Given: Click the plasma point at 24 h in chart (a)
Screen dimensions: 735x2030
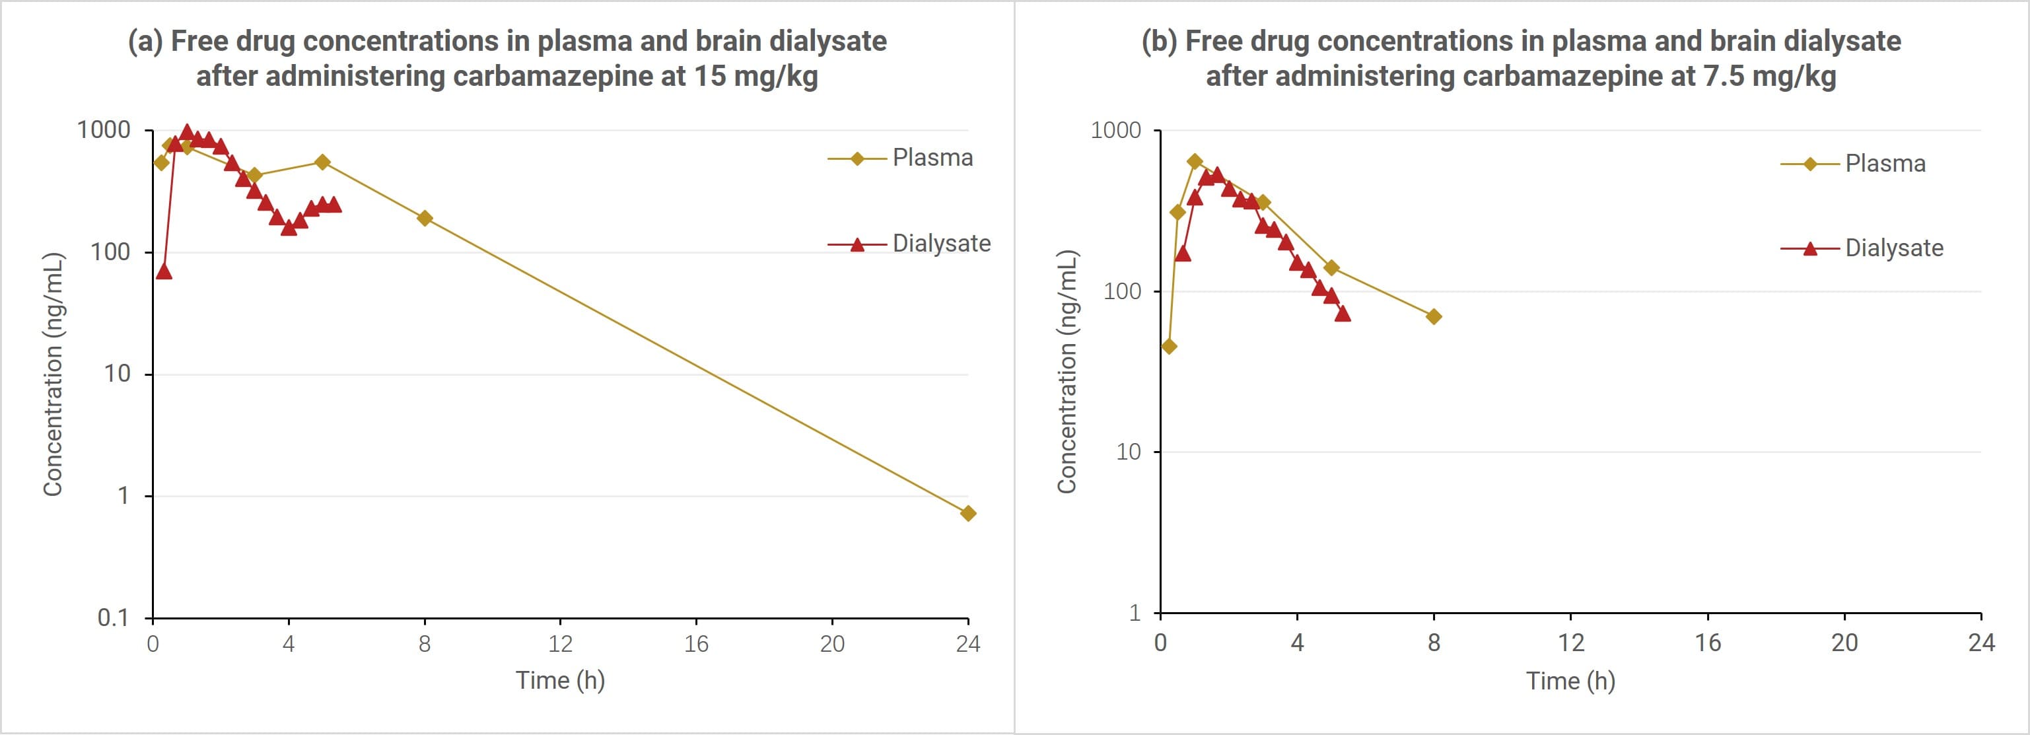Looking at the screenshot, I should tap(967, 514).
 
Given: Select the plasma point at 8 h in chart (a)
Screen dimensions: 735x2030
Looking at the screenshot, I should tap(425, 218).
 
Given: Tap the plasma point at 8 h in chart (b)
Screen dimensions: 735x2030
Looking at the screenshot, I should tap(1434, 317).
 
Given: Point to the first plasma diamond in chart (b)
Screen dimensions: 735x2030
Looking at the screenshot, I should tap(1169, 347).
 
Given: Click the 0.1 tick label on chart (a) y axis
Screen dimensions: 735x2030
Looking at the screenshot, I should tap(113, 618).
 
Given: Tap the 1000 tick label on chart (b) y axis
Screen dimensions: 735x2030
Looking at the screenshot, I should tap(1115, 130).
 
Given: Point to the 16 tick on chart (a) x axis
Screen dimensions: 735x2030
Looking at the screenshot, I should tap(696, 645).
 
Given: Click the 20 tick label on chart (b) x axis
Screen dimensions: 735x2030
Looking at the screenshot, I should tap(1844, 643).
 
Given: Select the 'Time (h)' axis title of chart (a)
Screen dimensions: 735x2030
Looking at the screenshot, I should tap(560, 680).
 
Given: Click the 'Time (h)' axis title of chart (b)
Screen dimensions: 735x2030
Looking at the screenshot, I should tap(1570, 681).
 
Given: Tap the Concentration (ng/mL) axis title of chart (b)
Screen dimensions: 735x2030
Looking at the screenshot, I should tap(1067, 372).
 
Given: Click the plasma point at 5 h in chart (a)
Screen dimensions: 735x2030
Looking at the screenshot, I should tap(322, 162).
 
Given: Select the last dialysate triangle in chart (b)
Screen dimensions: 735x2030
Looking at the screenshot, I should tap(1343, 314).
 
